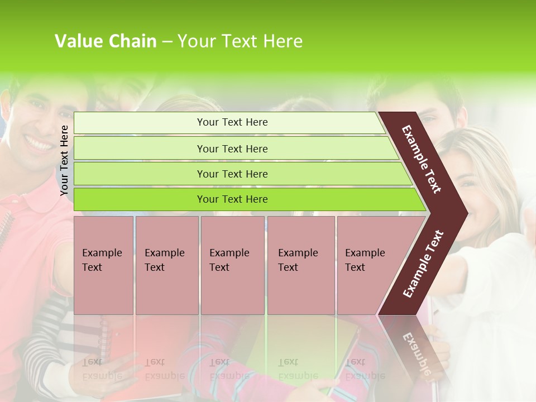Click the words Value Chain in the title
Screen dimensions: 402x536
(x=105, y=41)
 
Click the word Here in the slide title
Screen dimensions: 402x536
(x=283, y=41)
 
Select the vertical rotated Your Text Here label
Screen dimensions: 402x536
(x=64, y=160)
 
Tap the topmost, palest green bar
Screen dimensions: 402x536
(x=229, y=122)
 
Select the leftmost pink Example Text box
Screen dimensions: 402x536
(x=103, y=265)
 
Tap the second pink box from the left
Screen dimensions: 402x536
(x=166, y=265)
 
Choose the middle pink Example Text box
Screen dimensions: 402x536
(x=232, y=265)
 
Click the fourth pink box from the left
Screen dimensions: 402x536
(x=301, y=265)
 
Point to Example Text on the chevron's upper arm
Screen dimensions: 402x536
(x=422, y=159)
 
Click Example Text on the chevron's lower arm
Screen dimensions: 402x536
(x=423, y=264)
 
